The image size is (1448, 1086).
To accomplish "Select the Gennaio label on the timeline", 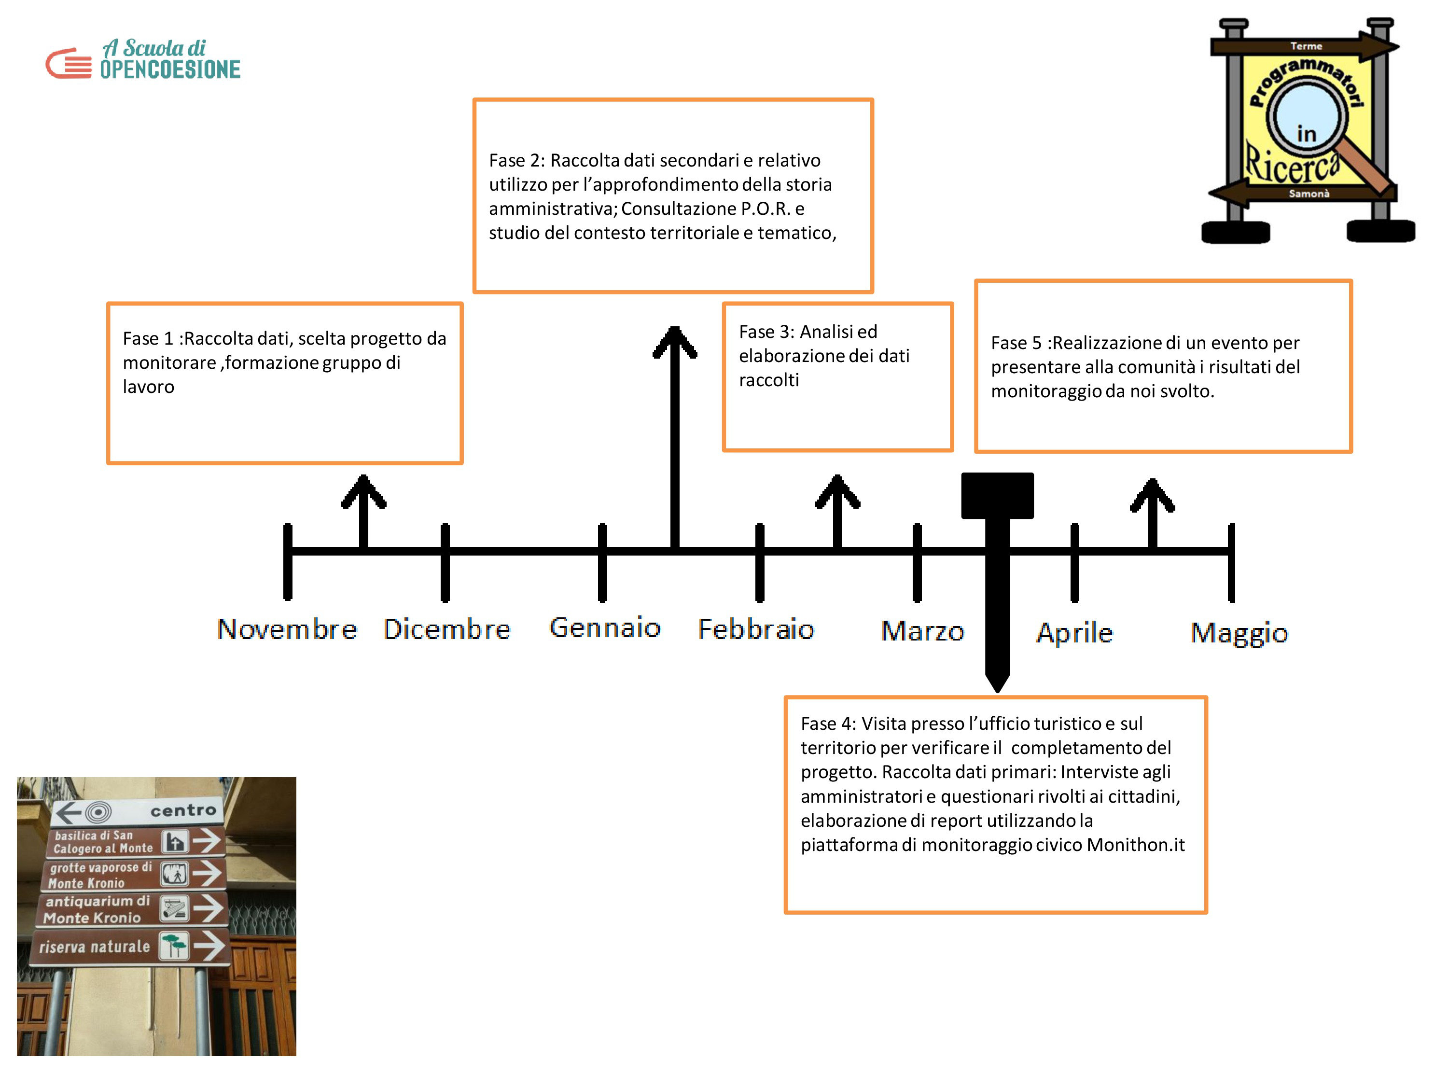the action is tap(605, 628).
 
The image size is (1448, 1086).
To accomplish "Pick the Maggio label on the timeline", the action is tap(1239, 634).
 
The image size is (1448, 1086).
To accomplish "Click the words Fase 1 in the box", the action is tap(148, 338).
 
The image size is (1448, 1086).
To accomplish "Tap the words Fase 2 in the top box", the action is tap(515, 160).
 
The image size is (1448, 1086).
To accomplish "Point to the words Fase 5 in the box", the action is tap(1016, 343).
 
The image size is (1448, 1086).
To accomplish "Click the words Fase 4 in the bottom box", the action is tap(826, 724).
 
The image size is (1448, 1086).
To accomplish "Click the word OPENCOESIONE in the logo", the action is tap(170, 69).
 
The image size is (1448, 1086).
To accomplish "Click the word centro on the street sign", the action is tap(183, 810).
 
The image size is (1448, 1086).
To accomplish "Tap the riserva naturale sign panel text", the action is tap(95, 947).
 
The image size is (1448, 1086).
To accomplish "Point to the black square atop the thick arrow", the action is tap(997, 496).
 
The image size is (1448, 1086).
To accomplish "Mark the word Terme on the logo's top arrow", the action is tap(1306, 46).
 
